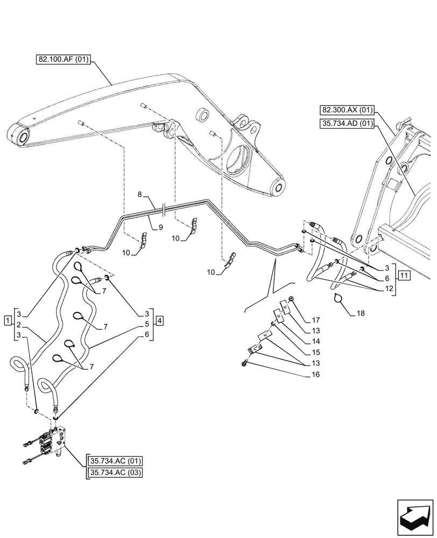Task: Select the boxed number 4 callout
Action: (160, 321)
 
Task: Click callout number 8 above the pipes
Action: (139, 194)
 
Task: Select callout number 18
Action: (360, 313)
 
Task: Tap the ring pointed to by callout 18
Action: (338, 298)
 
